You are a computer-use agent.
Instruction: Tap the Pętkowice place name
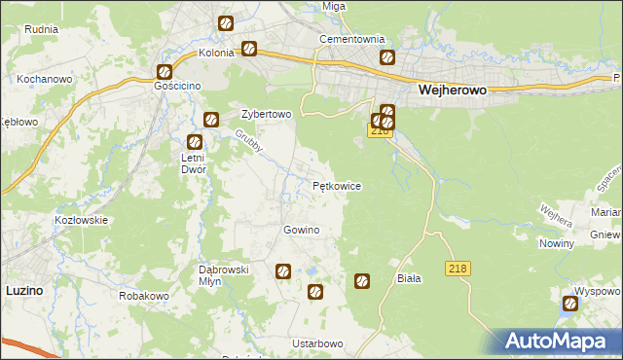(x=337, y=185)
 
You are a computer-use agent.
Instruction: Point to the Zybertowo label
(x=266, y=114)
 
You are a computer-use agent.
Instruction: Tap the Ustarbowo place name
(x=317, y=343)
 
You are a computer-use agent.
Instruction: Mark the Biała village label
(x=409, y=277)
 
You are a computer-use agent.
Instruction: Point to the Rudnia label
(x=42, y=29)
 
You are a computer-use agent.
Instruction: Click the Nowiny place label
(x=556, y=243)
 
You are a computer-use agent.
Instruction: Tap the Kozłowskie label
(x=81, y=220)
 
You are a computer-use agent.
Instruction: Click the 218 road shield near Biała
(x=458, y=268)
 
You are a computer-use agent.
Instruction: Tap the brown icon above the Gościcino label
(x=165, y=71)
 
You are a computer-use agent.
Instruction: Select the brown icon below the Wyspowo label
(x=569, y=305)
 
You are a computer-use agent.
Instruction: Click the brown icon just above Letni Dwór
(x=210, y=120)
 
